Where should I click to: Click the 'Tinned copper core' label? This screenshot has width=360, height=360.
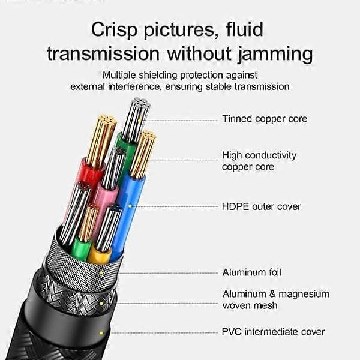pyautogui.click(x=265, y=119)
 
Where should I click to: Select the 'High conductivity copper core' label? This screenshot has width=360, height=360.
pyautogui.click(x=259, y=161)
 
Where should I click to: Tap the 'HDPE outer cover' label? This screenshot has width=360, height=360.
pyautogui.click(x=261, y=206)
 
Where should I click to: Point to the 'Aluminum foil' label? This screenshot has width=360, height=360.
pyautogui.click(x=251, y=272)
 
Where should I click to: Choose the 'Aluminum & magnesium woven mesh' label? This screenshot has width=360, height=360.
pyautogui.click(x=276, y=299)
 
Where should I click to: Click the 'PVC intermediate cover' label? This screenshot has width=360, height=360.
pyautogui.click(x=274, y=332)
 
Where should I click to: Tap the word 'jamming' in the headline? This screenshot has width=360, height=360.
pyautogui.click(x=275, y=55)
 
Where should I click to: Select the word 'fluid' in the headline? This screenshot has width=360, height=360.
pyautogui.click(x=245, y=29)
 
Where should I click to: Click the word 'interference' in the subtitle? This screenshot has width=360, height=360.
pyautogui.click(x=134, y=87)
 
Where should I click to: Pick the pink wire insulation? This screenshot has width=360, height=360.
pyautogui.click(x=104, y=202)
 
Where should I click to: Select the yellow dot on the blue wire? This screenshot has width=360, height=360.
pyautogui.click(x=130, y=206)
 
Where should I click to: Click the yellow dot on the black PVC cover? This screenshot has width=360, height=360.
pyautogui.click(x=101, y=332)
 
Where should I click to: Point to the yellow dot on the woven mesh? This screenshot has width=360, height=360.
pyautogui.click(x=101, y=304)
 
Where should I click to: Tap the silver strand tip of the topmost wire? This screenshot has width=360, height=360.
pyautogui.click(x=142, y=102)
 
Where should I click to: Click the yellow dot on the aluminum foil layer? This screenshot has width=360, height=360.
pyautogui.click(x=101, y=273)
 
